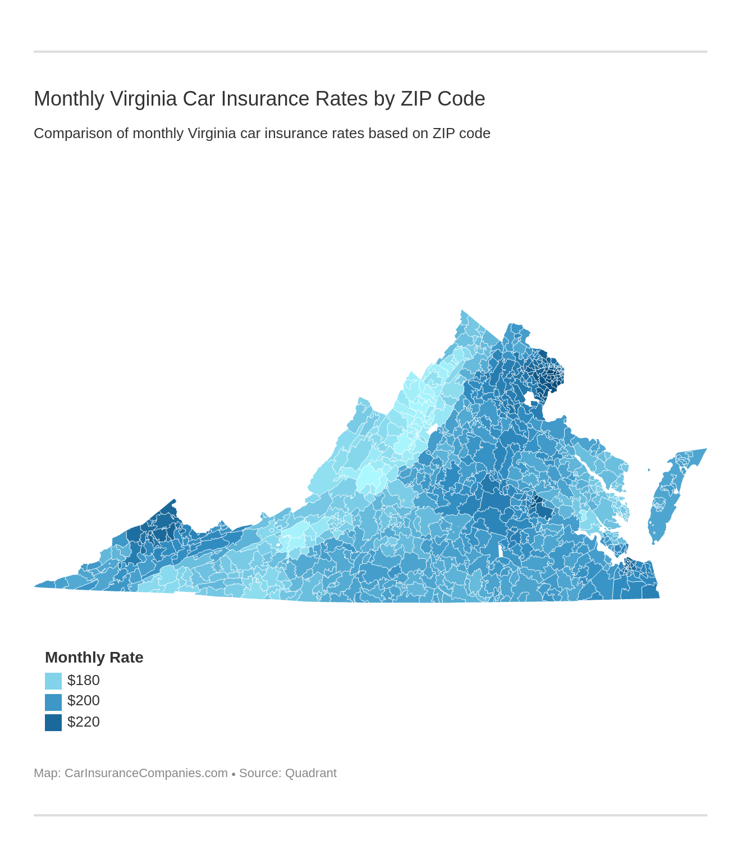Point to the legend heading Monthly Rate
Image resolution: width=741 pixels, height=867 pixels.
(x=94, y=658)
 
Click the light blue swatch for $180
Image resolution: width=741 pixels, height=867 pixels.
(x=53, y=681)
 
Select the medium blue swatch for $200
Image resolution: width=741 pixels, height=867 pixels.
(x=53, y=702)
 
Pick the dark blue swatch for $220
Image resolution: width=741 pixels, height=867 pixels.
(x=53, y=723)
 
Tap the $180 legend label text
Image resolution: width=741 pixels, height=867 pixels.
(x=83, y=681)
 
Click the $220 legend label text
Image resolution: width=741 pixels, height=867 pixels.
(x=83, y=722)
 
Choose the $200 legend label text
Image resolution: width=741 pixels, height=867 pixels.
(x=83, y=701)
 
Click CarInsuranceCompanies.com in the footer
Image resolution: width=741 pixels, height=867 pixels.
(x=146, y=773)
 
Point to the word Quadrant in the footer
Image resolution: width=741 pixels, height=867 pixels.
(x=310, y=773)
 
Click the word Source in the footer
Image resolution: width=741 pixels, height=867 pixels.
(x=259, y=773)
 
